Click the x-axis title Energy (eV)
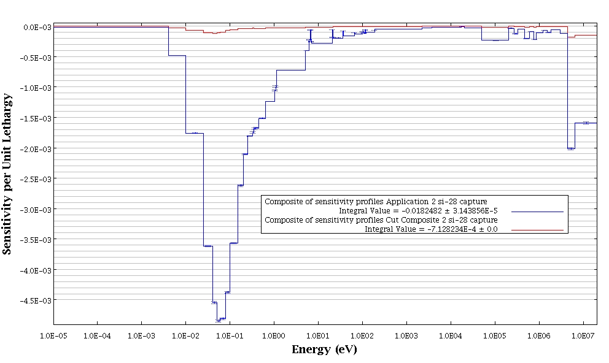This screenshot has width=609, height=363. point(324,350)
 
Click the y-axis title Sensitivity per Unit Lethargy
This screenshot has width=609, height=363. point(7,174)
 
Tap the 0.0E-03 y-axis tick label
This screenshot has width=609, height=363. point(37,27)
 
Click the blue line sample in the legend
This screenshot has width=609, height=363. point(537,211)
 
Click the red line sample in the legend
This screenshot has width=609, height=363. point(537,229)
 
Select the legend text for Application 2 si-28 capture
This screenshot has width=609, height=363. point(381,201)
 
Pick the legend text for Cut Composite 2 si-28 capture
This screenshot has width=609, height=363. point(381,220)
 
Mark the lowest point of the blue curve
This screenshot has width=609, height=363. point(218,321)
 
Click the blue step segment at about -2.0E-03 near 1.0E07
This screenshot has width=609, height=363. point(571,148)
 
